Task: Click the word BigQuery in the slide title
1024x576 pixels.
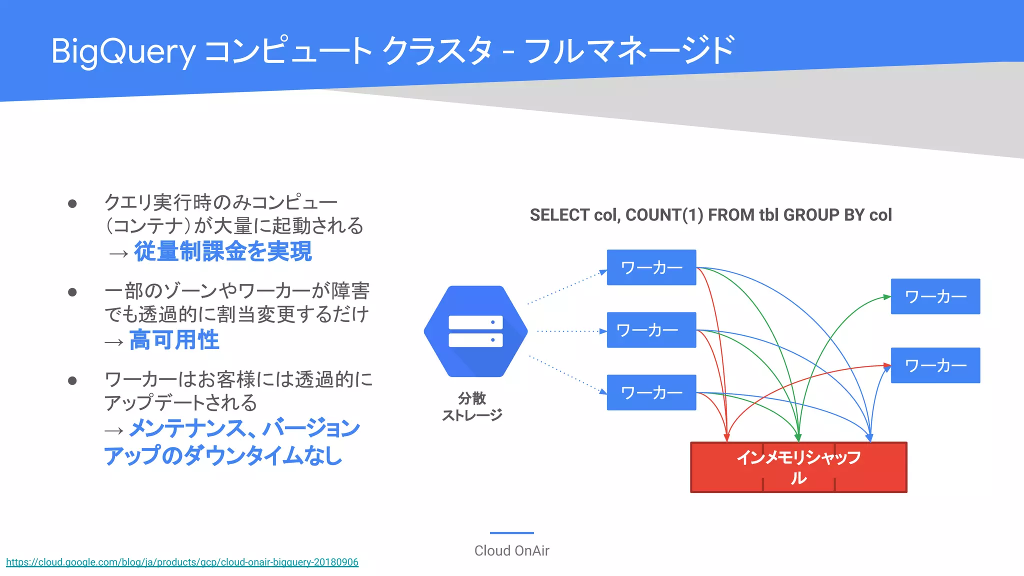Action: tap(123, 51)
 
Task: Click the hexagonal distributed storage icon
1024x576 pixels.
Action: tap(475, 331)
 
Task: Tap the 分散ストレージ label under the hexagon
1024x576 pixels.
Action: tap(472, 406)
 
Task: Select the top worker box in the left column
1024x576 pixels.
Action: tap(651, 267)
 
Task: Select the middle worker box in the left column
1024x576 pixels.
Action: tap(651, 330)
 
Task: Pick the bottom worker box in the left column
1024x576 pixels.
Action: tap(651, 392)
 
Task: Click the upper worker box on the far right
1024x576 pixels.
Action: tap(935, 296)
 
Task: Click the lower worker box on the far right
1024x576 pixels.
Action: tap(935, 365)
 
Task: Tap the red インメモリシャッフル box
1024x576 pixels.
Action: tap(798, 467)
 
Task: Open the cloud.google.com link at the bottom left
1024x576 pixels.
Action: tap(182, 562)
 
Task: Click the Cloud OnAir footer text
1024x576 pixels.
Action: tap(511, 550)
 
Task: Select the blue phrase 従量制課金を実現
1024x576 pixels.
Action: tap(223, 251)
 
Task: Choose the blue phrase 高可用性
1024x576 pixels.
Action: tap(174, 340)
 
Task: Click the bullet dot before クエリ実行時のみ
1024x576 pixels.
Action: tap(72, 203)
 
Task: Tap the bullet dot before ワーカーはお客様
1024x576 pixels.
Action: tap(72, 381)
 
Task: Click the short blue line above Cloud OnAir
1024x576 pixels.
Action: tap(511, 533)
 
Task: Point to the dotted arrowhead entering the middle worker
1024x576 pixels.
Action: tap(603, 331)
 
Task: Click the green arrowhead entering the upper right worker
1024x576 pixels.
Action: tap(887, 297)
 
